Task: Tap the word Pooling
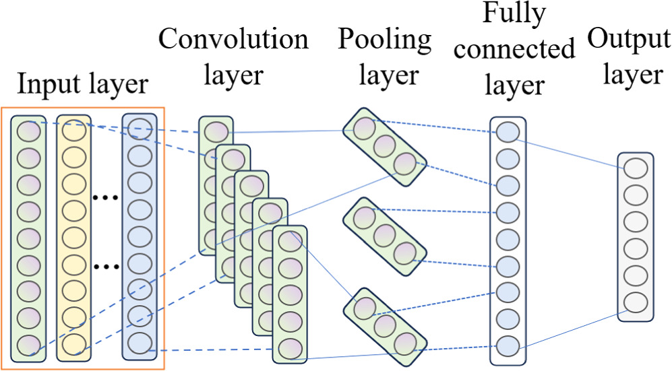pyautogui.click(x=385, y=40)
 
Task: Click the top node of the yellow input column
pyautogui.click(x=73, y=130)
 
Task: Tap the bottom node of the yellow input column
pyautogui.click(x=73, y=344)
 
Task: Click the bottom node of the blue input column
pyautogui.click(x=139, y=341)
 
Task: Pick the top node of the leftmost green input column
pyautogui.click(x=28, y=130)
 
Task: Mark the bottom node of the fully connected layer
pyautogui.click(x=508, y=346)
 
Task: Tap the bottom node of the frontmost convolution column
pyautogui.click(x=290, y=348)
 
